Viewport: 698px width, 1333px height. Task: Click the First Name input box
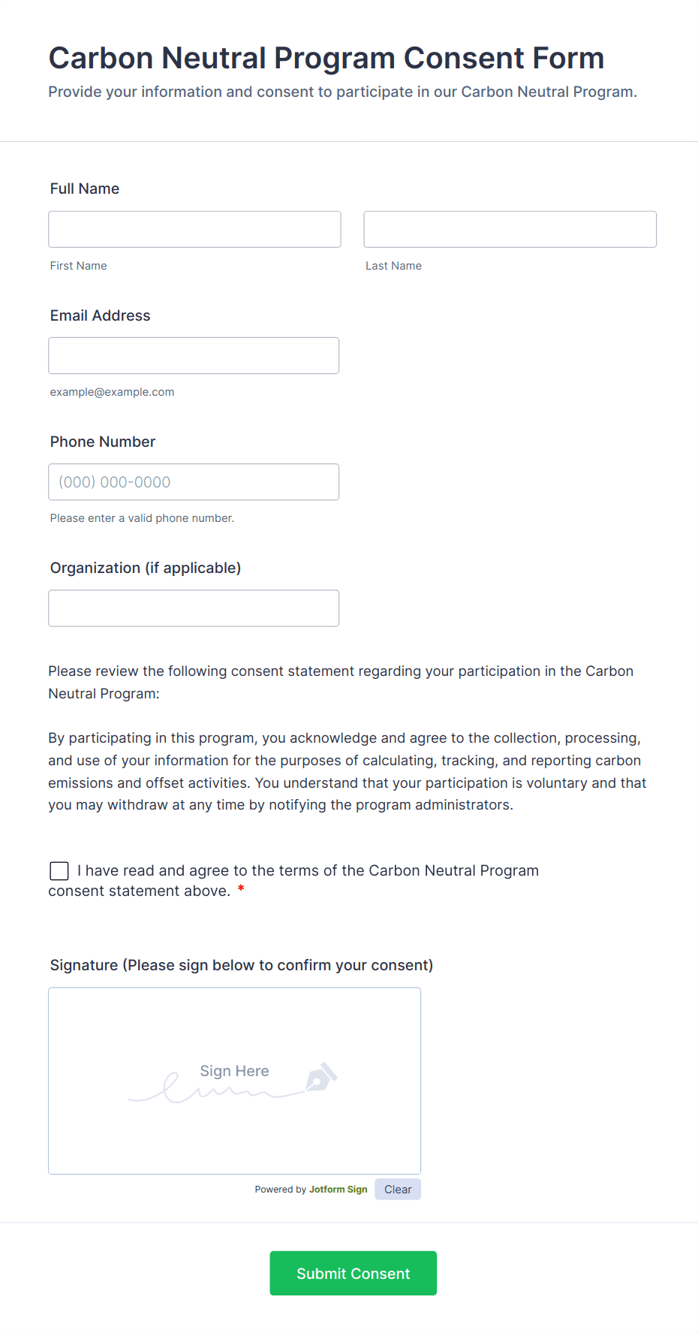[194, 229]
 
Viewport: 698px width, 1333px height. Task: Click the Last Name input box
[510, 229]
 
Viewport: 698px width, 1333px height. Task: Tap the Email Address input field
[194, 355]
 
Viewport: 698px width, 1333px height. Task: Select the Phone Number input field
[194, 481]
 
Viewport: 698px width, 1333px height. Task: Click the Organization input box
[194, 608]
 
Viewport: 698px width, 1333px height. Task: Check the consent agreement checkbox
[59, 870]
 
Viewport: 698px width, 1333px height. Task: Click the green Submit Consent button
[353, 1273]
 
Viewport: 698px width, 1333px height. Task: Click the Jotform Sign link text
[338, 1190]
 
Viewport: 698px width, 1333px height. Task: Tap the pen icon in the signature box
[321, 1077]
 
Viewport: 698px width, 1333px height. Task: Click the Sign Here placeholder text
[234, 1071]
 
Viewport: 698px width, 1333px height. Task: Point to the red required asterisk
[241, 890]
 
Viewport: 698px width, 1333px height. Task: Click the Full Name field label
[85, 188]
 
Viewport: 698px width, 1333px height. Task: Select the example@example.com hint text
[112, 392]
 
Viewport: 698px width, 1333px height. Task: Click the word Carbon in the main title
[101, 58]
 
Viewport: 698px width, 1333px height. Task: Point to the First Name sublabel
[78, 266]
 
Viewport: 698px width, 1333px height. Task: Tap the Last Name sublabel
[393, 266]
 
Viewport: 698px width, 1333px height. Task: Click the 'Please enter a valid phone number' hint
[142, 518]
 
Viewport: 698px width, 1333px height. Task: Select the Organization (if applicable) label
[146, 568]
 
